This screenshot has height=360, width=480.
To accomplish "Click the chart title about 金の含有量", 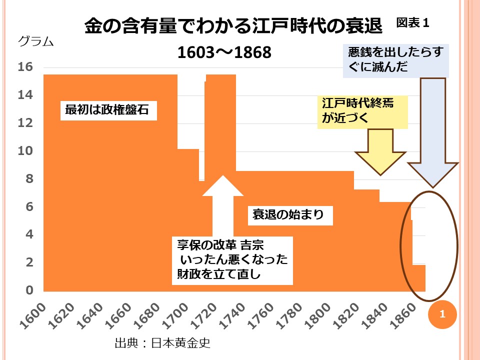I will pos(233,26).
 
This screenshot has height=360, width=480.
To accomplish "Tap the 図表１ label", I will pos(413,23).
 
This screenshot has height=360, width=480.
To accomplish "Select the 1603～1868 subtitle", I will pos(224,52).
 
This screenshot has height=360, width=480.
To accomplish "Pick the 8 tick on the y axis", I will pos(29,179).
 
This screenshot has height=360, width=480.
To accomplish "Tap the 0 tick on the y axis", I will pos(29,290).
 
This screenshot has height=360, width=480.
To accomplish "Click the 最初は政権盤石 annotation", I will pos(107,109).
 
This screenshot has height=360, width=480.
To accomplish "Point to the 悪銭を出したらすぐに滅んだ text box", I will pos(395,60).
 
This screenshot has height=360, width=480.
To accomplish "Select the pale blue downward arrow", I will pos(432,135).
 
